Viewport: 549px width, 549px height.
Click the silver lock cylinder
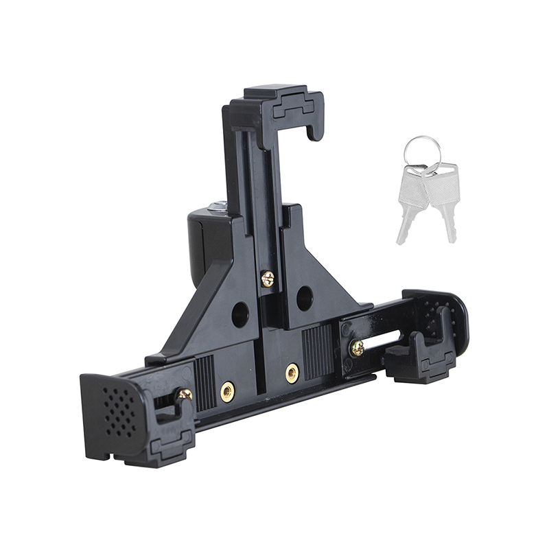tap(218, 205)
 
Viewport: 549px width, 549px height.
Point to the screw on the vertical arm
tap(268, 278)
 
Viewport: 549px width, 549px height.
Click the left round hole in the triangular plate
tap(240, 314)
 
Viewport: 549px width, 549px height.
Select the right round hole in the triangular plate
tap(305, 298)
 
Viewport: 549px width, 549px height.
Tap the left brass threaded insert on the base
tap(227, 391)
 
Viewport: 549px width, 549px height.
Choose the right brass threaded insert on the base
tap(292, 373)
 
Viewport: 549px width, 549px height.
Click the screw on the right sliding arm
tap(357, 348)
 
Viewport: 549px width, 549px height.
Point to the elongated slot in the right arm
tap(386, 339)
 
